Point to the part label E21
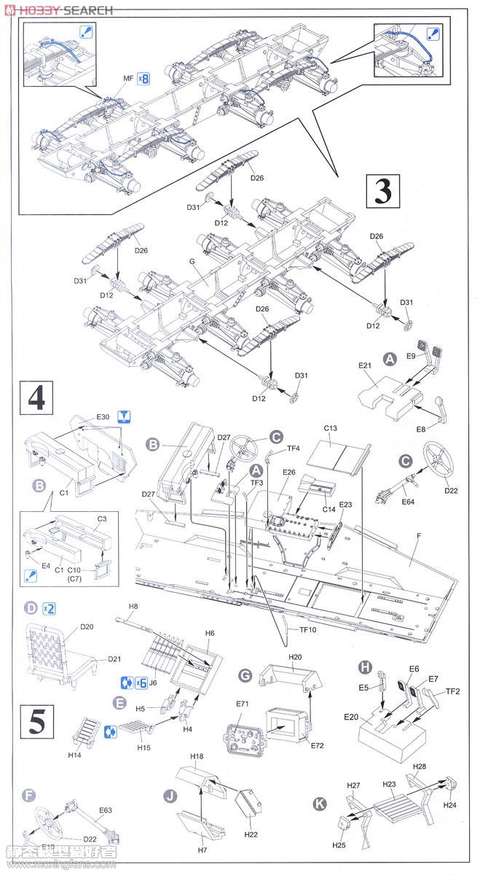point(365,366)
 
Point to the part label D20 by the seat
point(87,626)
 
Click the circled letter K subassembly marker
point(319,804)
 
